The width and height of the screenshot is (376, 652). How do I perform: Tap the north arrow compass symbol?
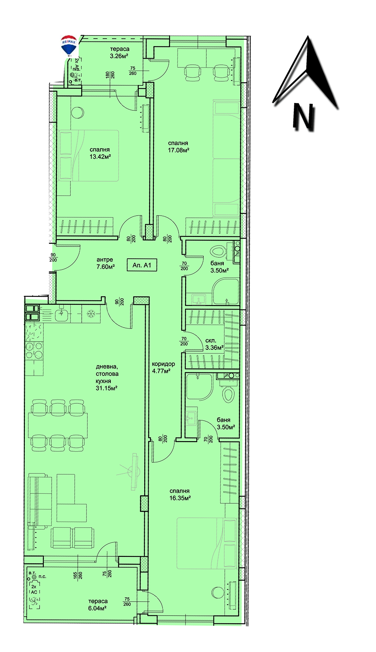coord(306,84)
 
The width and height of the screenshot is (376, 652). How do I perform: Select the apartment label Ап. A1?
coord(142,265)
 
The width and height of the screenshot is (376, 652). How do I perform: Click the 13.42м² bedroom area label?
coord(100,153)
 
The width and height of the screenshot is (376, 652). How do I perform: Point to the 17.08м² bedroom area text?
coord(178,146)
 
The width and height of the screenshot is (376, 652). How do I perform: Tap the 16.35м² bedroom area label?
coord(180,495)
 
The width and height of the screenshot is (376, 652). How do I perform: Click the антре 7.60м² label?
coord(105,264)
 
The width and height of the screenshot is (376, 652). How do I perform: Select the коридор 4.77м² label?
coord(163,368)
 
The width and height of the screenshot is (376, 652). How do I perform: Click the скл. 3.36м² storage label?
coord(214,344)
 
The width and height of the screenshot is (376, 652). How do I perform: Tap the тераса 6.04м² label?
coord(97,605)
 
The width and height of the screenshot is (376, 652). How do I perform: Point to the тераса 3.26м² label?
coord(120,53)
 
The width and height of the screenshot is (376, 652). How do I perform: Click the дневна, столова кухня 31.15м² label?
coord(107,377)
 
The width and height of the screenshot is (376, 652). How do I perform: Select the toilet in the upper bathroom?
coord(217,252)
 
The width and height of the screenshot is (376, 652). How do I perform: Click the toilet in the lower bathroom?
coord(228,394)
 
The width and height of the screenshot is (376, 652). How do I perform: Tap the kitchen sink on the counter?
coord(62,314)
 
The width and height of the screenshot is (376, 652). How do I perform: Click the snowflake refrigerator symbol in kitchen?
coord(91,314)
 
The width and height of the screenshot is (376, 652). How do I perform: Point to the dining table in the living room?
coord(58,425)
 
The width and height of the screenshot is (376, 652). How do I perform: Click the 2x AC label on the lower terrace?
coord(34,589)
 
